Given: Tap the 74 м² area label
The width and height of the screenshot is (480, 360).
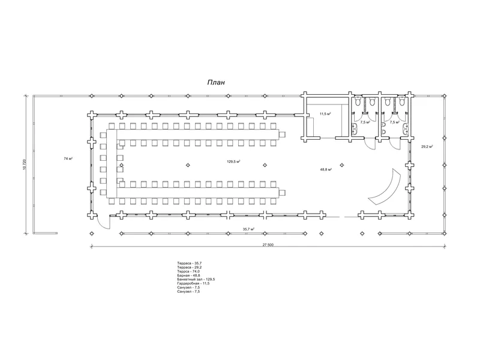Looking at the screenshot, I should [x=68, y=158].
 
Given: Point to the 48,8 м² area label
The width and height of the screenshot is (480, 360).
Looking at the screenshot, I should [x=326, y=170].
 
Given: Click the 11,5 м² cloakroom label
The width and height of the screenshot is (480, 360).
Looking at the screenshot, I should [x=326, y=113].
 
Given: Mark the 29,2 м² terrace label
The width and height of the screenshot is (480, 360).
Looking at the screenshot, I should [x=427, y=146].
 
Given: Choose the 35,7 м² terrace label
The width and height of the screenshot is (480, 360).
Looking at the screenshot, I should [x=248, y=229].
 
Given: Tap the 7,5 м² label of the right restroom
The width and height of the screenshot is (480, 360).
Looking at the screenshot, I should [x=394, y=122].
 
